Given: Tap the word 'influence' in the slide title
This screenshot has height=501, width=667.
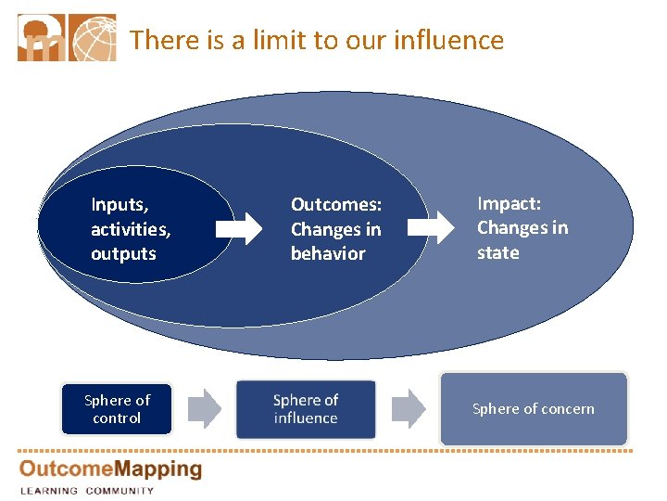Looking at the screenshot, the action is [x=448, y=40].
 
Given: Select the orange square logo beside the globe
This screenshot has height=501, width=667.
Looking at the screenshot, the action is [x=43, y=38].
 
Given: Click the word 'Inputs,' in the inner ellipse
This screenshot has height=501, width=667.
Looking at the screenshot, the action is [x=120, y=203].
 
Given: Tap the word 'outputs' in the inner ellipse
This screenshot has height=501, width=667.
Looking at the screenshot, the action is [x=123, y=253].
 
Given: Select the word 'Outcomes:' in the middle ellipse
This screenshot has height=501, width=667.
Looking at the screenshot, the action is [x=336, y=204].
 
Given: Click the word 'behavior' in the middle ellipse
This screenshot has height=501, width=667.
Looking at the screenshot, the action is [x=328, y=253].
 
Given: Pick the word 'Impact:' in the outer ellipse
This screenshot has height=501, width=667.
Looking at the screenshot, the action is [x=509, y=203].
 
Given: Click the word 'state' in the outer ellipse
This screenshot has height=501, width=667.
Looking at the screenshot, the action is [x=497, y=252].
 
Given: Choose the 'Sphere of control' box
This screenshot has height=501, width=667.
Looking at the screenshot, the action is [x=117, y=409].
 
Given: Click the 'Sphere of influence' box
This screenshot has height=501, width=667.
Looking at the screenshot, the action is [x=306, y=409].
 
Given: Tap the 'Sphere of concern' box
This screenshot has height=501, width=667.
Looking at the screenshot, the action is [x=534, y=408].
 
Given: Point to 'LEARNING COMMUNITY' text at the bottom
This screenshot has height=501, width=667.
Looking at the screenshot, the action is [x=87, y=490].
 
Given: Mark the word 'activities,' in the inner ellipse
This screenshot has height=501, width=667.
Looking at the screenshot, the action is [x=131, y=228].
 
